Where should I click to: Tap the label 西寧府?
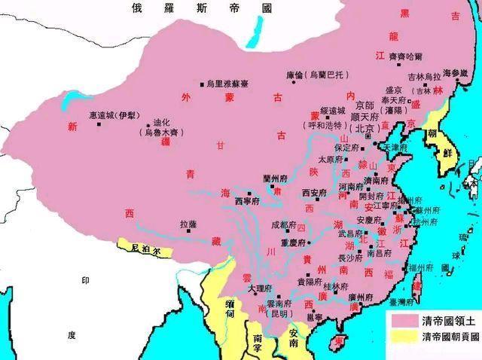(x=248, y=201)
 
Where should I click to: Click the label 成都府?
(x=285, y=224)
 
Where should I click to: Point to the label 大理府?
(x=260, y=288)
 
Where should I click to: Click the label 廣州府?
(x=362, y=298)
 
